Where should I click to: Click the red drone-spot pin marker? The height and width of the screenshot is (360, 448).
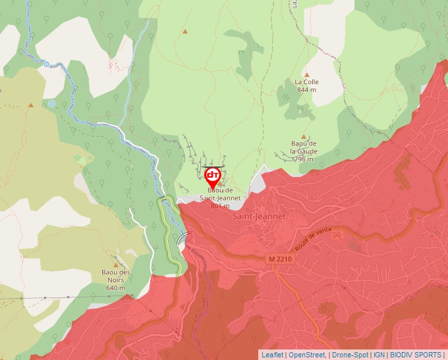pyautogui.click(x=213, y=176)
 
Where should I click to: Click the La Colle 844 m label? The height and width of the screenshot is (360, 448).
pyautogui.click(x=307, y=86)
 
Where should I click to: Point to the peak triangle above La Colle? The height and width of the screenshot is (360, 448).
pyautogui.click(x=306, y=74)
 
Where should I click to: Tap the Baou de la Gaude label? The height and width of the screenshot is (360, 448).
pyautogui.click(x=304, y=151)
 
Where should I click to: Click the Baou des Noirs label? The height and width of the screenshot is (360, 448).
pyautogui.click(x=115, y=280)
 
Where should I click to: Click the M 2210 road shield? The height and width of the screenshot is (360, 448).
pyautogui.click(x=280, y=259)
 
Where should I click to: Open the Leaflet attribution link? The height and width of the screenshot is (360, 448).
pyautogui.click(x=272, y=355)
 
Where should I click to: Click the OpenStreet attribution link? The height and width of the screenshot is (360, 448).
pyautogui.click(x=306, y=355)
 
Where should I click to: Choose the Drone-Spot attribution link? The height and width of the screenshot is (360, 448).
pyautogui.click(x=350, y=355)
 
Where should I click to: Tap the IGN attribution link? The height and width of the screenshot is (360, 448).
pyautogui.click(x=379, y=355)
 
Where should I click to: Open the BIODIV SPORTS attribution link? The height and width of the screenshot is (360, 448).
pyautogui.click(x=416, y=355)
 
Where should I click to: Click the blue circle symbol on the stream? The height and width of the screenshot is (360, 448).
pyautogui.click(x=46, y=64)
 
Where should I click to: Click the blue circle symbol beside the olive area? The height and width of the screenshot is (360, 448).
pyautogui.click(x=51, y=103)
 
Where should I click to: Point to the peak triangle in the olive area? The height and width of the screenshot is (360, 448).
pyautogui.click(x=30, y=105)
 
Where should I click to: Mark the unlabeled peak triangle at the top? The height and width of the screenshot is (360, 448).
pyautogui.click(x=185, y=31)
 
